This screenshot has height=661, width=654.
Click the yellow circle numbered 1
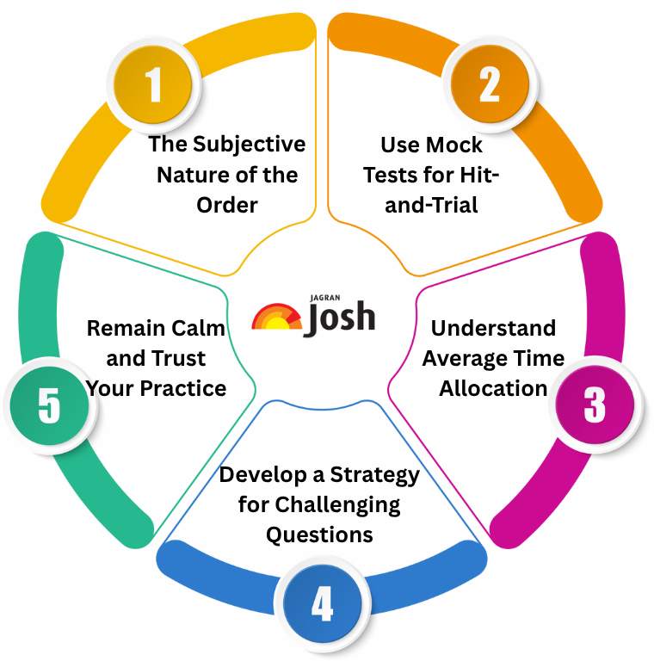click(153, 84)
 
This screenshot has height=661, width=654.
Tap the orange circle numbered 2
click(489, 84)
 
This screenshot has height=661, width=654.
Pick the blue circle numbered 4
click(321, 603)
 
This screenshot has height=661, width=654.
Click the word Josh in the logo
click(341, 316)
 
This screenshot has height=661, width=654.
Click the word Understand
click(493, 328)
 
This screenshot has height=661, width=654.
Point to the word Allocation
click(493, 388)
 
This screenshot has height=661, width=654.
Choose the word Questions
click(319, 534)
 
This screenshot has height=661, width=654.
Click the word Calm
click(202, 328)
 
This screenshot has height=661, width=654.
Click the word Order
click(226, 205)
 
